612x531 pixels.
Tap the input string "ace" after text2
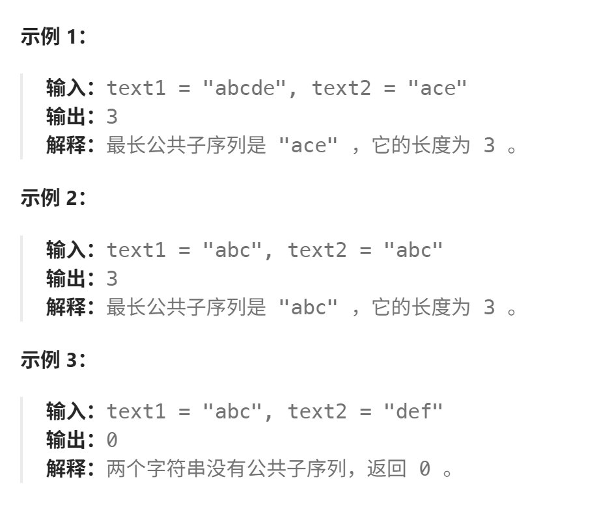[x=438, y=88]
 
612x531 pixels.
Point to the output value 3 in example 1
[x=112, y=116]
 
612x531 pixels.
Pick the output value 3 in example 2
[x=112, y=278]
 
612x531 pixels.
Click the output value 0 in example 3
[x=112, y=440]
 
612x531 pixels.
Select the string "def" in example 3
[x=413, y=411]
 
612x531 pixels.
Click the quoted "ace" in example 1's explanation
[x=309, y=146]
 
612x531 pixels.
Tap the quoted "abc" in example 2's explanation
[x=309, y=307]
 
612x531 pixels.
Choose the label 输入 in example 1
[x=66, y=88]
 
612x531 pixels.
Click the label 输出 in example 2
[x=66, y=278]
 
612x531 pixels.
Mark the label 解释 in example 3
[x=66, y=469]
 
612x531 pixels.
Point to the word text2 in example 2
[x=318, y=250]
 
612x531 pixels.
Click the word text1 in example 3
[x=136, y=411]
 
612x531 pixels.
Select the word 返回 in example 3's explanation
[x=386, y=469]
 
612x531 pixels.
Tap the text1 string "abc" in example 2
[x=232, y=250]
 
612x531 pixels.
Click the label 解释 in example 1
[x=66, y=146]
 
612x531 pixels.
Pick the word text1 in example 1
[x=136, y=88]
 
